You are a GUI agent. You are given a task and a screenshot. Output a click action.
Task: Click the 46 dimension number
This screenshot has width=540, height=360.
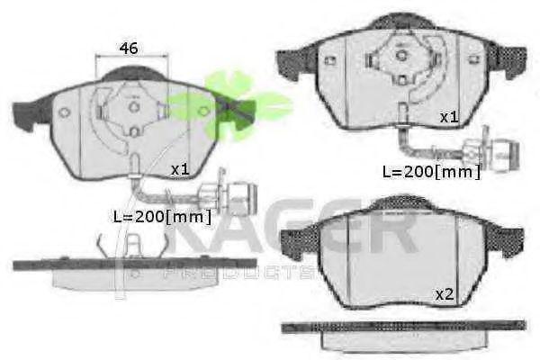point(129,49)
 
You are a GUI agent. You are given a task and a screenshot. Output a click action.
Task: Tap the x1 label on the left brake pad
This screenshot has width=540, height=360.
point(181,169)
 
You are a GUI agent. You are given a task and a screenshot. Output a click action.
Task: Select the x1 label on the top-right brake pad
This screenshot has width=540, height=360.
point(449,118)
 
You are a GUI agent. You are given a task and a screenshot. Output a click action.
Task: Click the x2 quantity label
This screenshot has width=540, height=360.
point(445,295)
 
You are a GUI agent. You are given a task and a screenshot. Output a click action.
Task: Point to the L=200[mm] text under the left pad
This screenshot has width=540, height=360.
point(162,217)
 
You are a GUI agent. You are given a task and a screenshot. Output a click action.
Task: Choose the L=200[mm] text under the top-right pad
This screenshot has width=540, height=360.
point(431,172)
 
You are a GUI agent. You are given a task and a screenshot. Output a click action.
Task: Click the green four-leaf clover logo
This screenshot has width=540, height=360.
point(230,104)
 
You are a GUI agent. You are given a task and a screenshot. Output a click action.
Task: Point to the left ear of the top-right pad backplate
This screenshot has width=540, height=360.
point(295,63)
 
